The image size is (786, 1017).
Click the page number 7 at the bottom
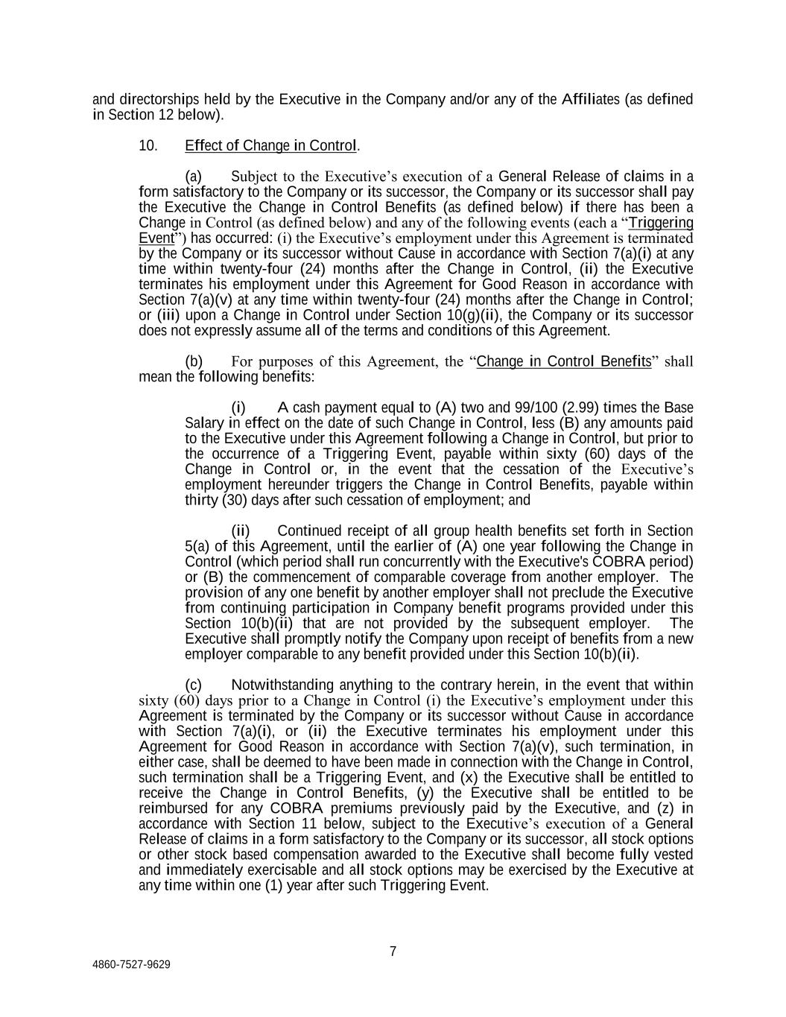[x=393, y=951]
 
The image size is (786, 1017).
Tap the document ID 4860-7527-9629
[x=131, y=964]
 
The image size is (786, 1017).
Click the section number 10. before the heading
[x=148, y=145]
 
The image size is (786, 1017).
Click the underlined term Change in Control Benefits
[x=563, y=361]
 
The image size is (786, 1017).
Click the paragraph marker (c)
[x=193, y=685]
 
